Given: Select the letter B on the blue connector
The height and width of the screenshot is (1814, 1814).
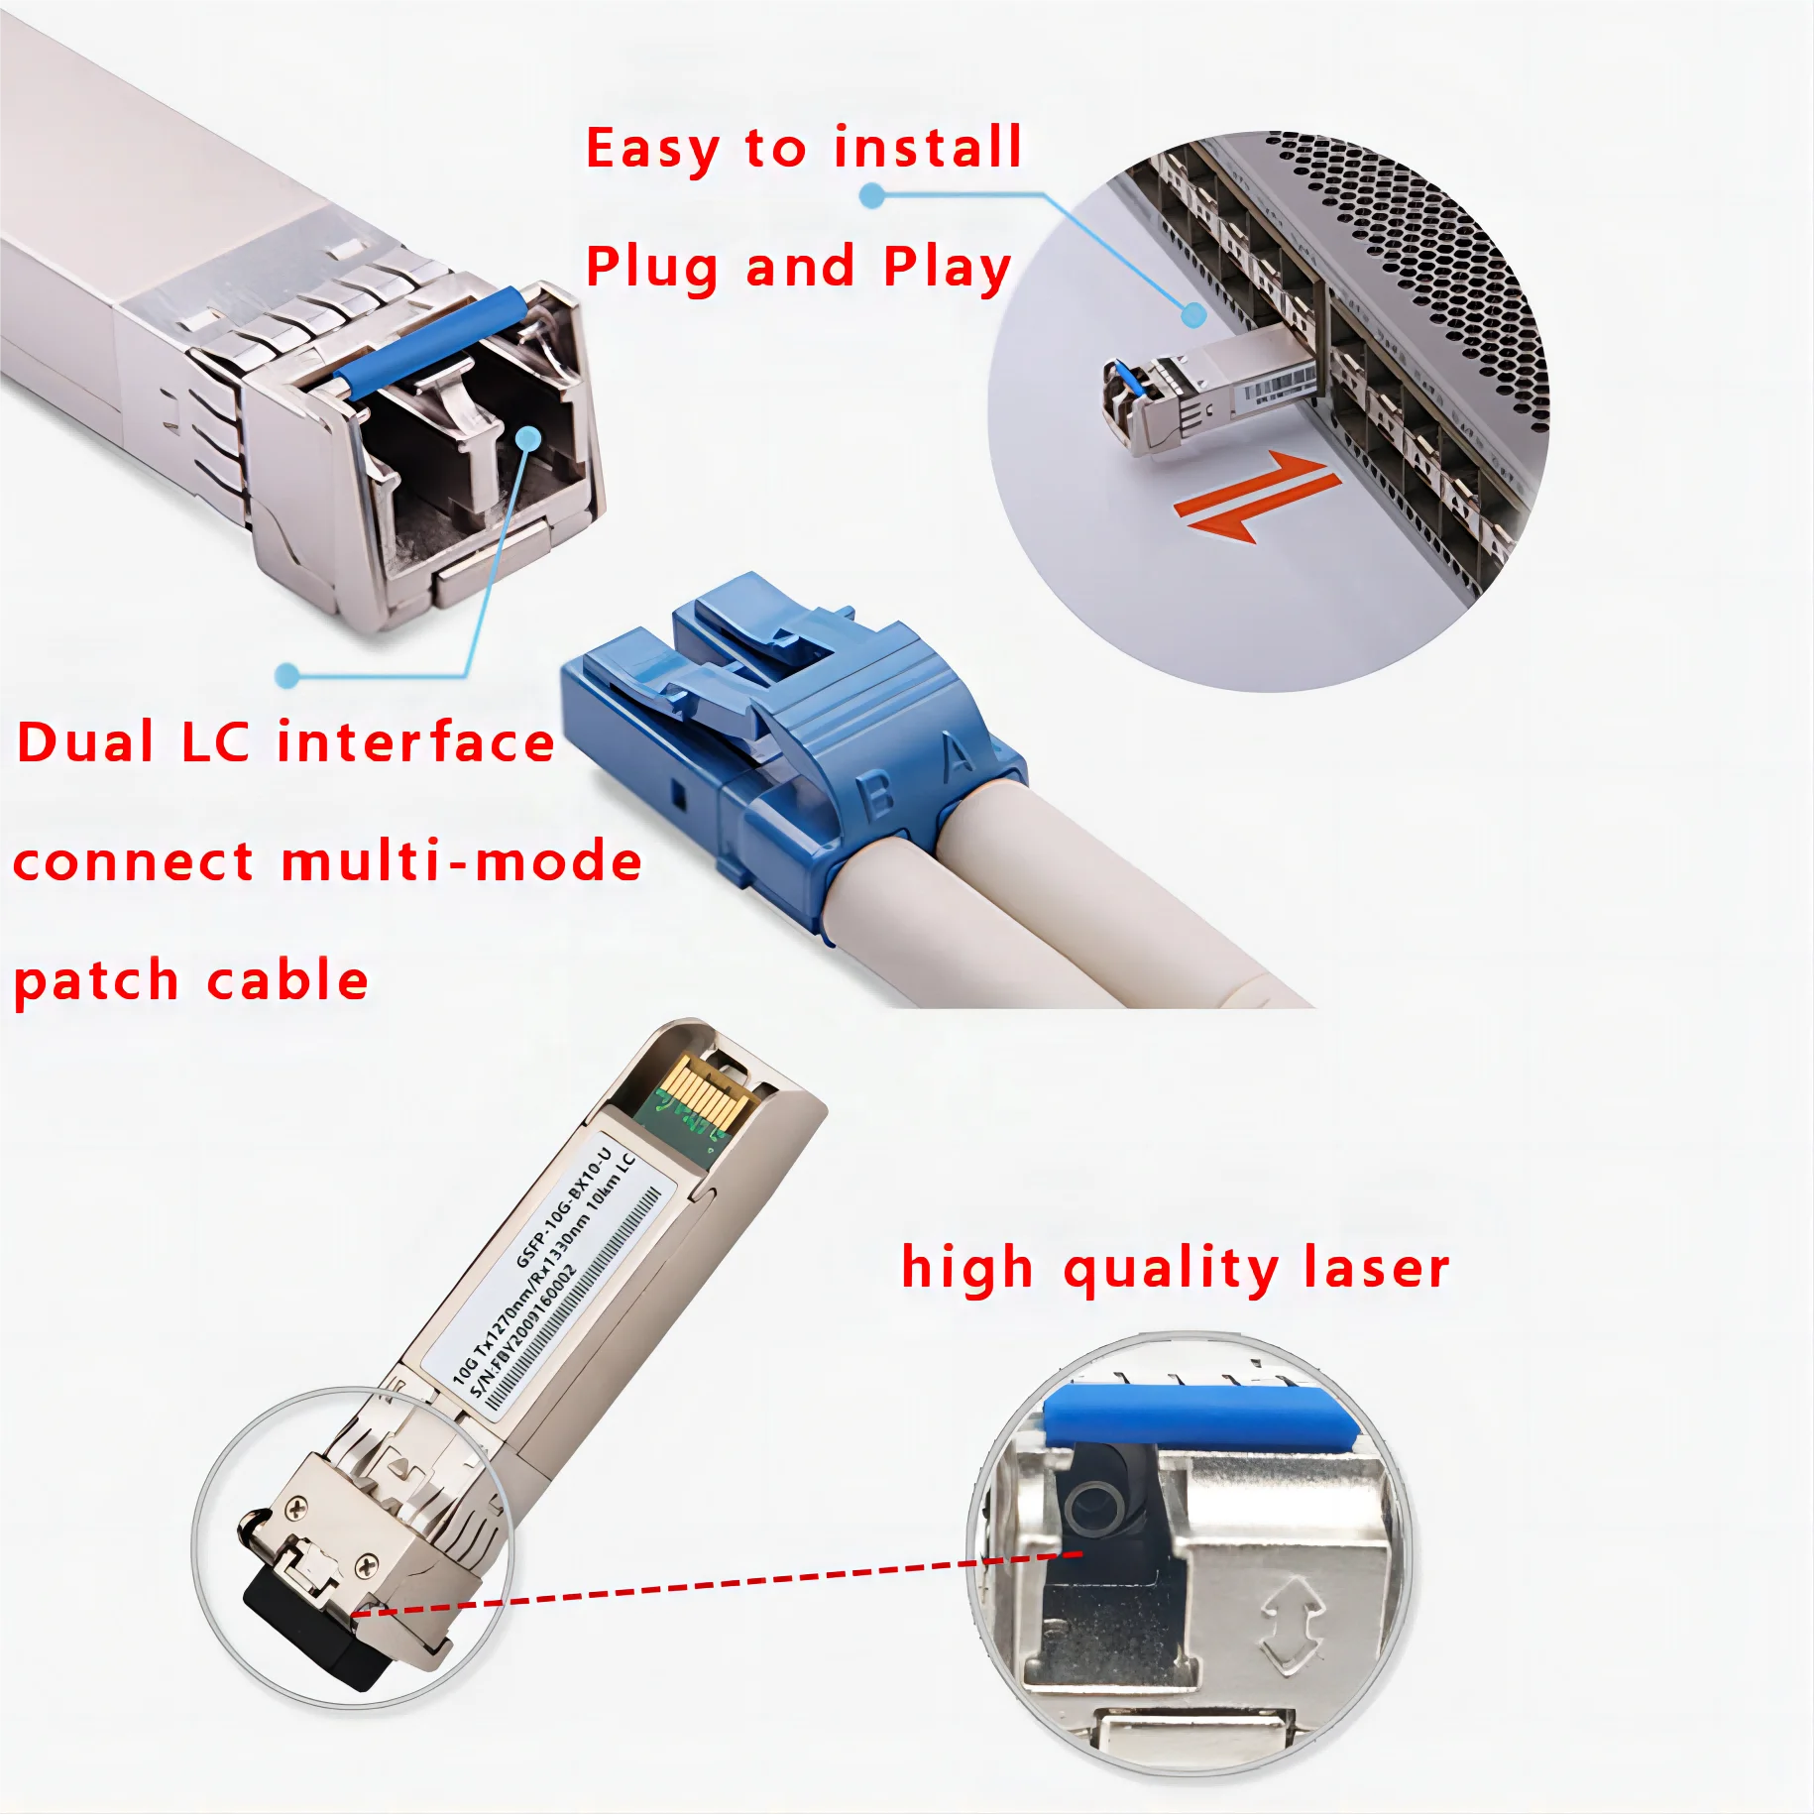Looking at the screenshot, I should pyautogui.click(x=876, y=796).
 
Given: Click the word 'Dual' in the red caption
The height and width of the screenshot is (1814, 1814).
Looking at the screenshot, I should pyautogui.click(x=86, y=742).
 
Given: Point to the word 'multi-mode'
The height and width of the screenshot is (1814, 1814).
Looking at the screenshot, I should pyautogui.click(x=462, y=861).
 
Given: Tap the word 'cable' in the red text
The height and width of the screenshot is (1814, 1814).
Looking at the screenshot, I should pyautogui.click(x=287, y=980).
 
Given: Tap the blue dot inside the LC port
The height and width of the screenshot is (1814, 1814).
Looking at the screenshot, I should pyautogui.click(x=529, y=438).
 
